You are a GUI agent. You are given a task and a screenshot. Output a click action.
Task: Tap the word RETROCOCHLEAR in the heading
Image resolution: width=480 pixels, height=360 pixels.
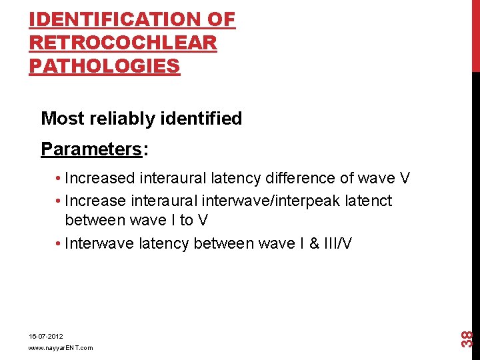pos(123,43)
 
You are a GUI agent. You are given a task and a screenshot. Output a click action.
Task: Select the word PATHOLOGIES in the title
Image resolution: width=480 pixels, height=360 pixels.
pos(105,67)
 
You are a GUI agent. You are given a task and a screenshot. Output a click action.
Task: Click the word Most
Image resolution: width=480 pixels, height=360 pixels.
pos(63,119)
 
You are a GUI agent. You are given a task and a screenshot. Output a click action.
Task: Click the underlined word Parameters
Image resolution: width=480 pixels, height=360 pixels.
pos(91,149)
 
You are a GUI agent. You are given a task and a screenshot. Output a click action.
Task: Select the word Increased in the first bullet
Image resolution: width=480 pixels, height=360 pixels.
pos(100,179)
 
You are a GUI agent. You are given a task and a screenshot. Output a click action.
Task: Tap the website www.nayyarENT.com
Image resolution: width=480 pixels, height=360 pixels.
pos(61,348)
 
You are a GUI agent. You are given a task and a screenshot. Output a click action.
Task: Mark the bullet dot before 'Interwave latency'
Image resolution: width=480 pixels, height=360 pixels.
pos(60,244)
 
